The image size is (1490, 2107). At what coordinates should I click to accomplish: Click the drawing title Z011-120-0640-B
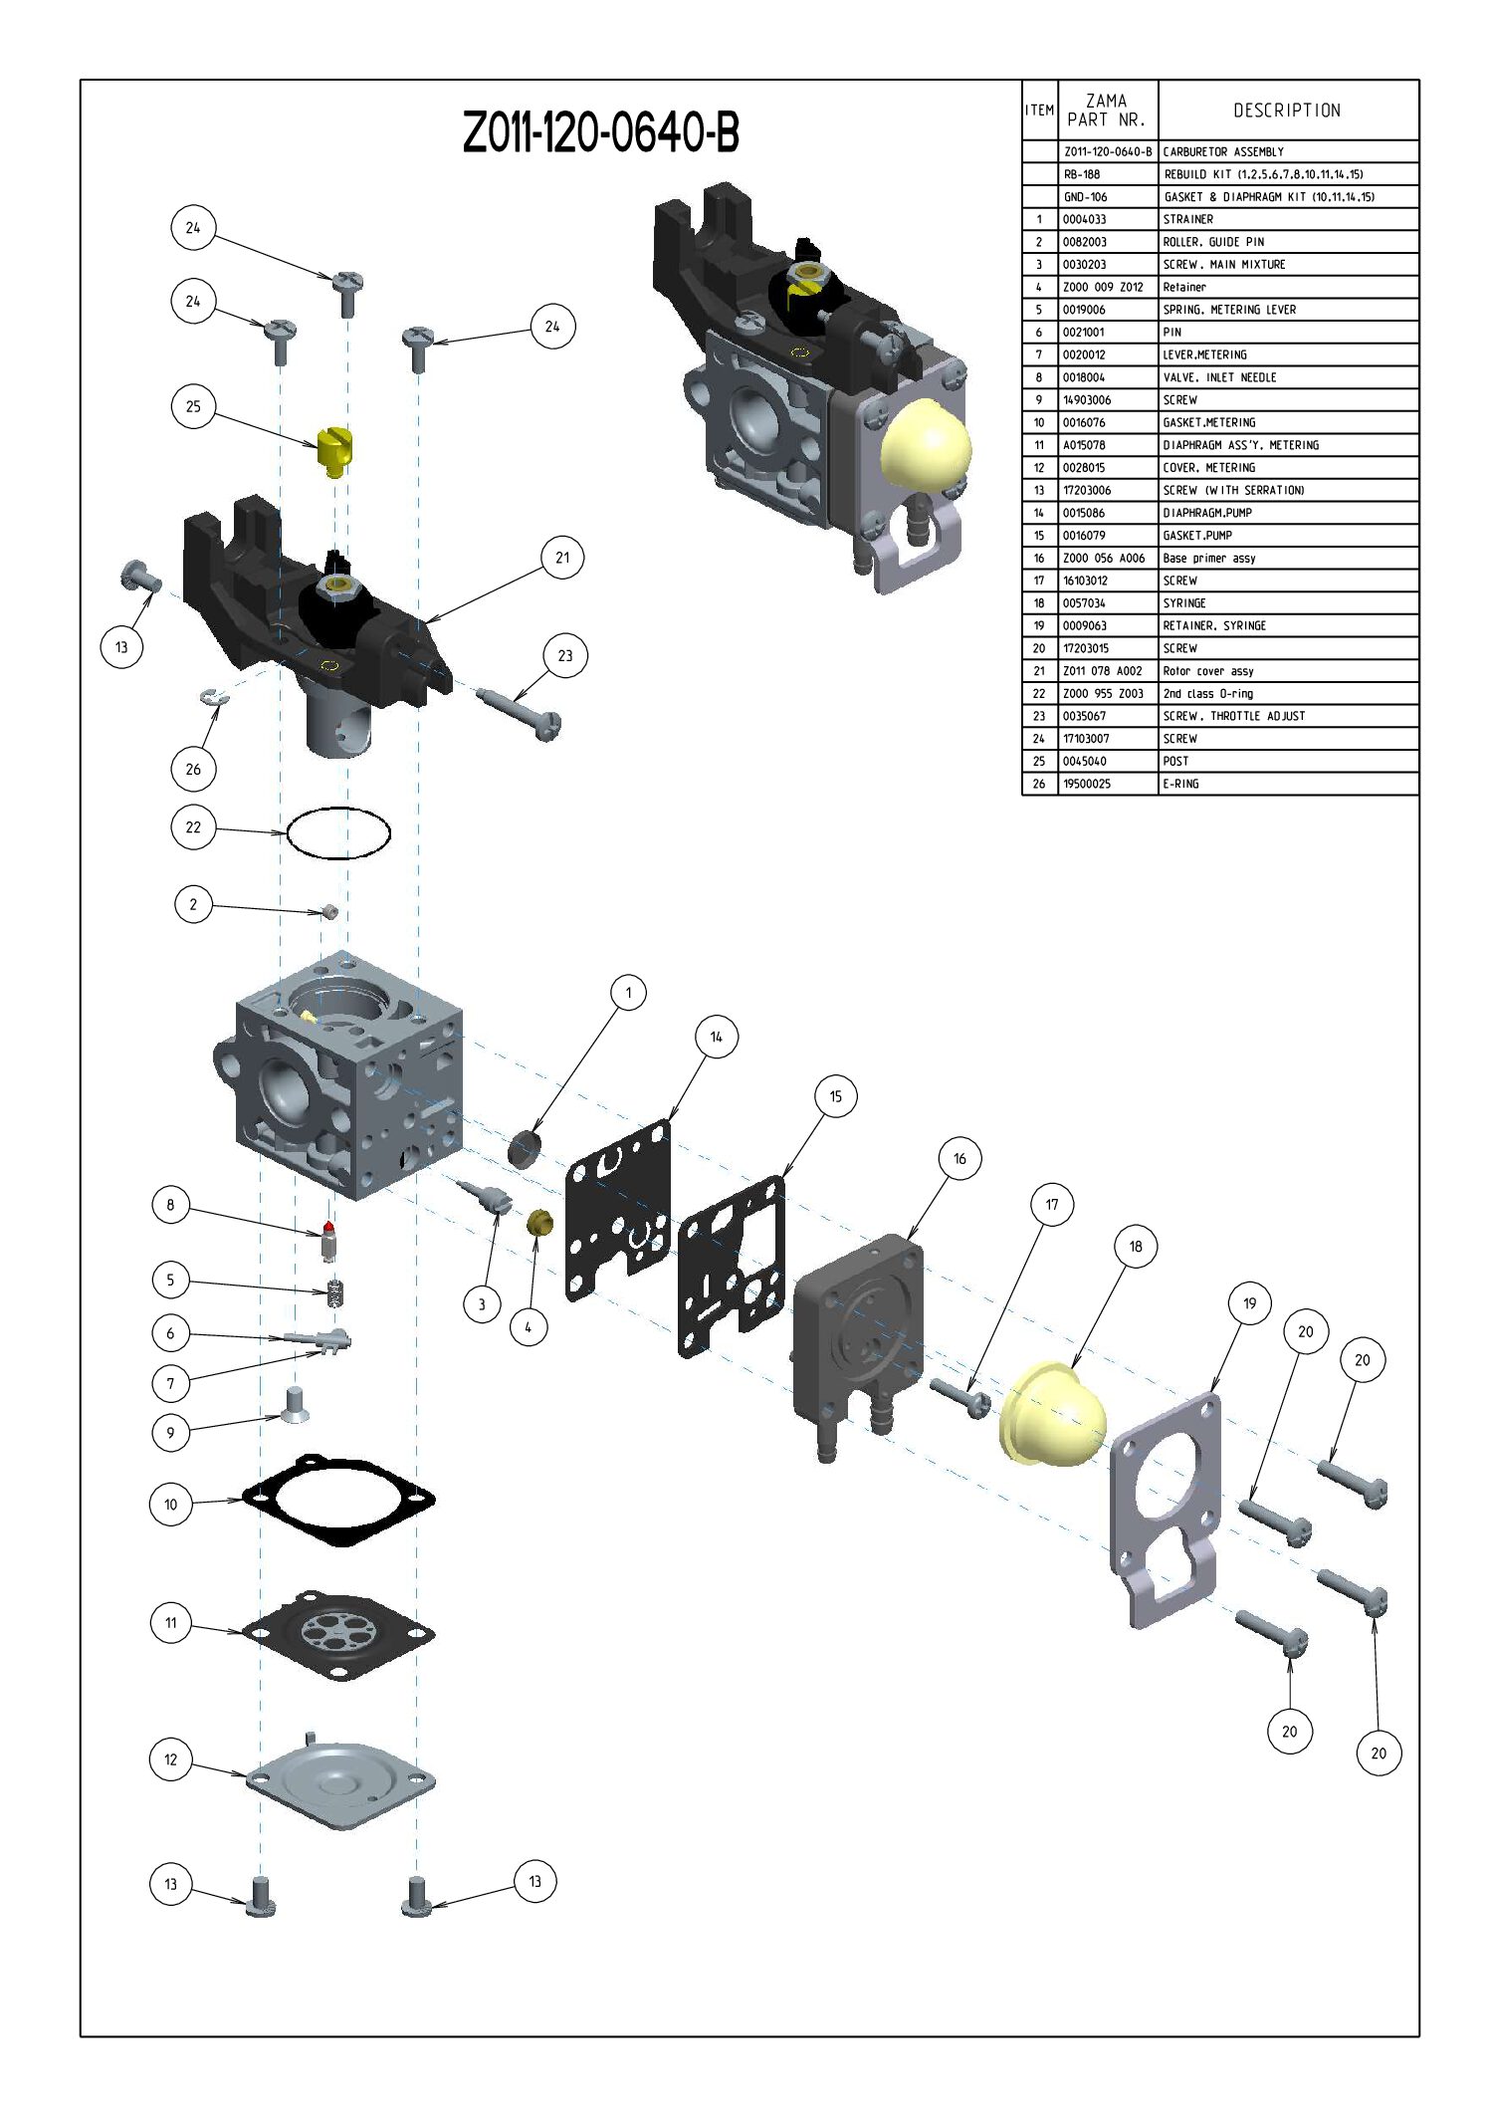[x=601, y=132]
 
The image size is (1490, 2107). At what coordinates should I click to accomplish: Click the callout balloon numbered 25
[x=193, y=406]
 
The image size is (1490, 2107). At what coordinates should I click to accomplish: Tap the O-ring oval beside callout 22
[x=338, y=831]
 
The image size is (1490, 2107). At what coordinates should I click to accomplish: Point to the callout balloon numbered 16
[x=959, y=1158]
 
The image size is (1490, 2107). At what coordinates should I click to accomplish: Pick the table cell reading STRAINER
[x=1188, y=219]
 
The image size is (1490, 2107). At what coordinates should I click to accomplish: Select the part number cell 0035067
[x=1084, y=716]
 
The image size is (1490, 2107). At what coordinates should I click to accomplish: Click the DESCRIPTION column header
[x=1287, y=111]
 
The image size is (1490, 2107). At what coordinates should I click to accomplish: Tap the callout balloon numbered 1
[x=628, y=992]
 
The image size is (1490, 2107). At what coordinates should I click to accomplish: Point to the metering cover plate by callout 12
[x=340, y=1783]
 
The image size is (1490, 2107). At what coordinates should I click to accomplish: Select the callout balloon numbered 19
[x=1250, y=1302]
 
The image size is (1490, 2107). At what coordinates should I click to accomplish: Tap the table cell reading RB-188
[x=1082, y=174]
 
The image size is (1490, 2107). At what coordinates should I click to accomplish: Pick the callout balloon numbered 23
[x=565, y=656]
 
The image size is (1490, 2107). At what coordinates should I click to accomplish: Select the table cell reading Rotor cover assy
[x=1208, y=671]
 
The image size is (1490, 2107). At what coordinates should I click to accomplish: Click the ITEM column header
[x=1040, y=111]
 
